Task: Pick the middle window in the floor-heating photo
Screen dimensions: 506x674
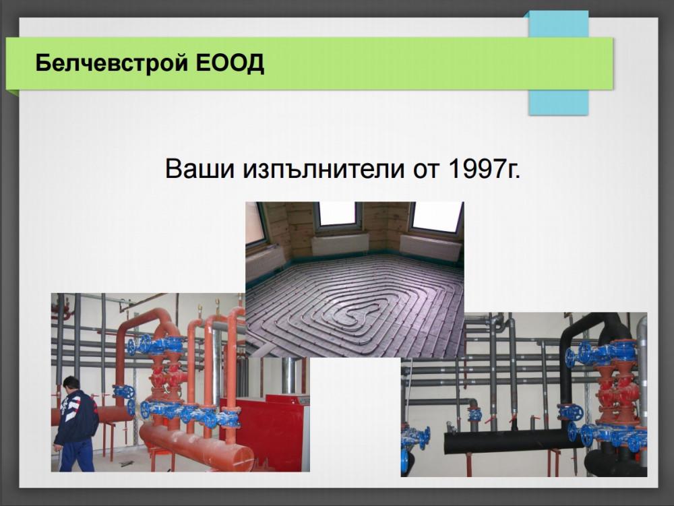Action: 337,214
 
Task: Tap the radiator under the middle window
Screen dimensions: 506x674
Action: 340,244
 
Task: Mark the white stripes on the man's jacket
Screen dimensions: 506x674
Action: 67,411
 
